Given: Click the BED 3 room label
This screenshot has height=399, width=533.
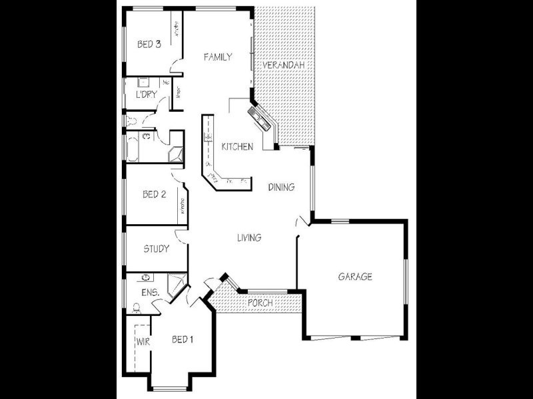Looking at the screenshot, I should click(149, 45).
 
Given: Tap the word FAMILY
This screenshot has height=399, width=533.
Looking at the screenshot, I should click(218, 57).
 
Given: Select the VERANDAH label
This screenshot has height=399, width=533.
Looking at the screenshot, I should click(283, 65).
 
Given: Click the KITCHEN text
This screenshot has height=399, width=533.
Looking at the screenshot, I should click(237, 146).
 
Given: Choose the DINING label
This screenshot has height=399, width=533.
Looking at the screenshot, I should click(281, 188).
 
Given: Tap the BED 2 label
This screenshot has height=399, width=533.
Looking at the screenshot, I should click(154, 195).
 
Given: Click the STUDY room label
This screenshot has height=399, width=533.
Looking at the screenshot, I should click(156, 249).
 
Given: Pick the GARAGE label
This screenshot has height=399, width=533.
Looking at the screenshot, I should click(354, 277).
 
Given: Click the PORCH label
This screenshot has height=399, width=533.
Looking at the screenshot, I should click(260, 303).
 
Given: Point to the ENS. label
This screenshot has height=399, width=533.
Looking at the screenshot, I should click(149, 292).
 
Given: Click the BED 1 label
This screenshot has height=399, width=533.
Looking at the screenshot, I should click(183, 340).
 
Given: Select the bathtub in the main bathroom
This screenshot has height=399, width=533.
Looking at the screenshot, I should click(131, 148).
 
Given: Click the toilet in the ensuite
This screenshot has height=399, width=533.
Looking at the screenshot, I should click(136, 307).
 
